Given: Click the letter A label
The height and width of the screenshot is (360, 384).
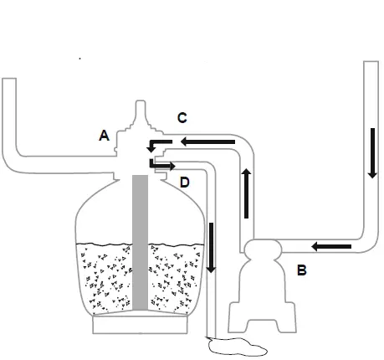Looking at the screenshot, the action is (104, 136).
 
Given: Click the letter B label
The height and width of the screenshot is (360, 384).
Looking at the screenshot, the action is (302, 270).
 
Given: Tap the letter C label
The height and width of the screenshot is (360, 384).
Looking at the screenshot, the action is (182, 118).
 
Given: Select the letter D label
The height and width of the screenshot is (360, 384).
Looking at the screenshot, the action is (185, 183).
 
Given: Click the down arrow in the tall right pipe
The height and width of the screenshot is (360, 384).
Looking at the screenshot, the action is (372, 153).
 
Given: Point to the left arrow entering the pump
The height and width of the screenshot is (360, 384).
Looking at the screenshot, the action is (331, 246).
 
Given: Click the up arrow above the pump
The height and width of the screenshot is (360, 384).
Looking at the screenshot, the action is (246, 193).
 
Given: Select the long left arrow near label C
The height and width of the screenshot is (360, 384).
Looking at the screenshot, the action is (207, 141).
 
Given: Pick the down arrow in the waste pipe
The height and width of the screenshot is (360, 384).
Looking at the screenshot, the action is (211, 248).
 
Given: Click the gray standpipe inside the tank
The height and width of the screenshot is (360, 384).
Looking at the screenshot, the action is (140, 243).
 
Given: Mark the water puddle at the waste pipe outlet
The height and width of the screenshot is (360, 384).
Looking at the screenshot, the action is (237, 347).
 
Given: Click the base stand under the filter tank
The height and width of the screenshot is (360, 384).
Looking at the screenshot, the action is (140, 325).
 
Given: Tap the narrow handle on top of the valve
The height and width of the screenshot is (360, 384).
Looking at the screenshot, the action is (141, 111).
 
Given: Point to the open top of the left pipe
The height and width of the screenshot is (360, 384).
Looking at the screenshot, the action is (9, 79).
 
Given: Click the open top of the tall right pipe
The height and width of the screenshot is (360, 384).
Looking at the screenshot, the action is (371, 62).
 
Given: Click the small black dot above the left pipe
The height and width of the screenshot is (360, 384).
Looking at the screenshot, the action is (80, 59).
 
